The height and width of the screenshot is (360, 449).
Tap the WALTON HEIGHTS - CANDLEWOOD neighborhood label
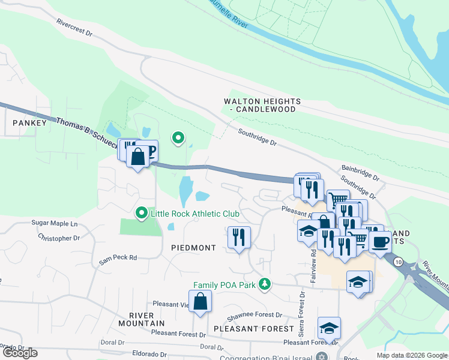262,106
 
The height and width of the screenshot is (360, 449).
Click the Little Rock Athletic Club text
195,214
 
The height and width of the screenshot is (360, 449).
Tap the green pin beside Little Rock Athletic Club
142,213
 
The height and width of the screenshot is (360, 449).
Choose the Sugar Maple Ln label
55,224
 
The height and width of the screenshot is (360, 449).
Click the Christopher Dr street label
59,238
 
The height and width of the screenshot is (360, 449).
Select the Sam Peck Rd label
118,257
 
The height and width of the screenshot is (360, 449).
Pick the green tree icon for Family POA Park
264,284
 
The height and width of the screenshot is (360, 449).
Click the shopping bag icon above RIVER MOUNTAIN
200,301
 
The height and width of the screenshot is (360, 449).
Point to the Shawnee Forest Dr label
254,315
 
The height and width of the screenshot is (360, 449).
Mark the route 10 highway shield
398,261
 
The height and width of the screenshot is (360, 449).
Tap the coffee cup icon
380,242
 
